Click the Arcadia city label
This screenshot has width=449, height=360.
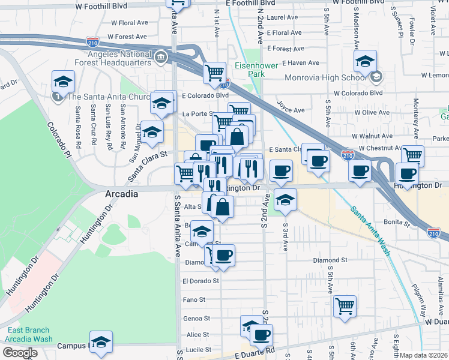[122, 194]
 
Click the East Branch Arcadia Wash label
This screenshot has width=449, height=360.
[30, 334]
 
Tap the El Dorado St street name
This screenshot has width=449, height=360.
[200, 280]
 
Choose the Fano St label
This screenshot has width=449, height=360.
[194, 299]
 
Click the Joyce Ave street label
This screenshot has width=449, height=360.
[291, 106]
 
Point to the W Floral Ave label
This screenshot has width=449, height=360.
[129, 23]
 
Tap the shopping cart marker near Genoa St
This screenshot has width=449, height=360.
[345, 305]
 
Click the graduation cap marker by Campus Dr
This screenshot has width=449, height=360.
[101, 341]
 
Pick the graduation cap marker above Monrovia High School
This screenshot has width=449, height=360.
[364, 60]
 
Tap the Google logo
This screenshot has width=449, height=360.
[20, 353]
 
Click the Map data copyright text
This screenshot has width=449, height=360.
[424, 355]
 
